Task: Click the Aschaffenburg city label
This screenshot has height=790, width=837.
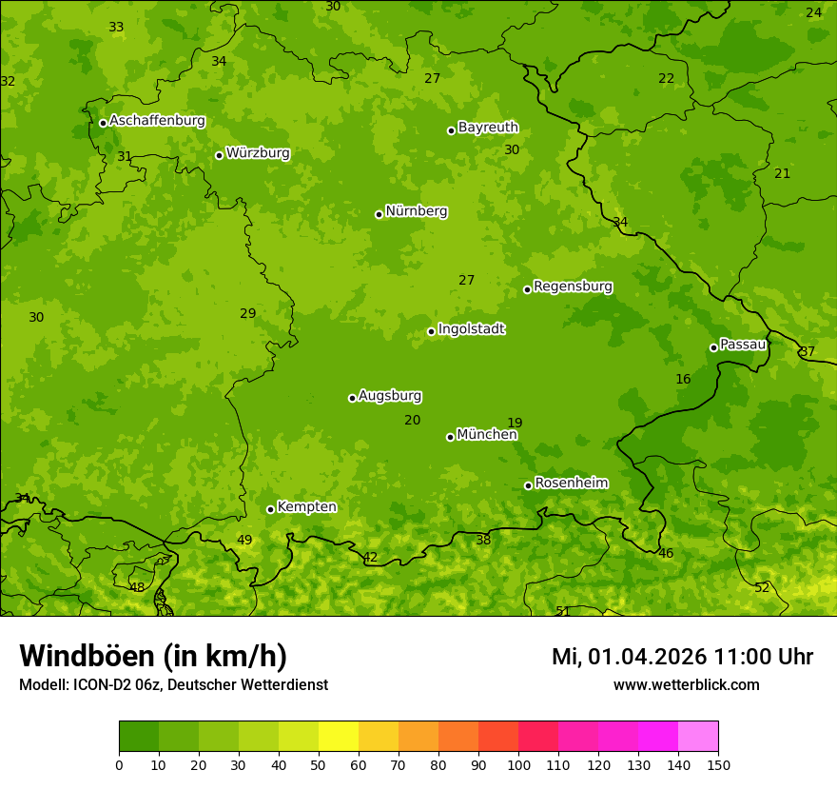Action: coord(157,121)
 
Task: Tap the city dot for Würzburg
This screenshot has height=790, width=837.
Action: coord(219,155)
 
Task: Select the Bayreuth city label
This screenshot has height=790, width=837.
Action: coord(488,128)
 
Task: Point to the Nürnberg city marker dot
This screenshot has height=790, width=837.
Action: coord(379,214)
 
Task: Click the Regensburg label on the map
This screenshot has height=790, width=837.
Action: coord(573,286)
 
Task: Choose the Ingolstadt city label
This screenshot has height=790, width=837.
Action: coord(471,329)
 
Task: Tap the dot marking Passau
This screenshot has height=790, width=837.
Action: coord(713,347)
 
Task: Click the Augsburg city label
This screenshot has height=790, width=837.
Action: coord(390,396)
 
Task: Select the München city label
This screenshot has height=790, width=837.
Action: coord(487,435)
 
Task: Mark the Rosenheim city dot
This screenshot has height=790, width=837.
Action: coord(528,485)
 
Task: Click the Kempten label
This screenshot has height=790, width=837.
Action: coord(306,507)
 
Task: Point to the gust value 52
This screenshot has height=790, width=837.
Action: coord(762,588)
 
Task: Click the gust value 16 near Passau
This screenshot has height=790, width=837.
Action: coord(683,379)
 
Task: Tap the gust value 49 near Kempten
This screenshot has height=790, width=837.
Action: coord(244,541)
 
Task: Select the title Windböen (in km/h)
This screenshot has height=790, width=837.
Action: coord(153,656)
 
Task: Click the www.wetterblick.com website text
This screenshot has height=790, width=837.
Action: coord(686,684)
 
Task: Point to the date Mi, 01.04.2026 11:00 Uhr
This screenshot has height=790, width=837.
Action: coord(682,657)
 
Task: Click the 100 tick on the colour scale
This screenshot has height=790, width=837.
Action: coord(518,764)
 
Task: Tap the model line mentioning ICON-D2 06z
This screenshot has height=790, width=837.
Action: coord(173,684)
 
